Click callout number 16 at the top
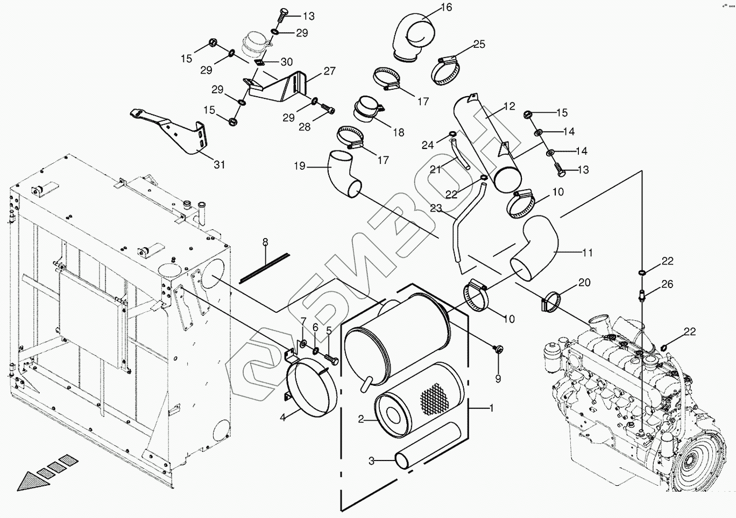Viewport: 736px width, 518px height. click(447, 7)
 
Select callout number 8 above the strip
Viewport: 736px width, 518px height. click(265, 242)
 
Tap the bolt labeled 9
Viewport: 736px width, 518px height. click(498, 349)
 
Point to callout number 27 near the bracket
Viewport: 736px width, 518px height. click(329, 71)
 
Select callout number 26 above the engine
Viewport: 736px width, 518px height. click(667, 284)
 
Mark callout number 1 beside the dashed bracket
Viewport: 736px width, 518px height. click(491, 408)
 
